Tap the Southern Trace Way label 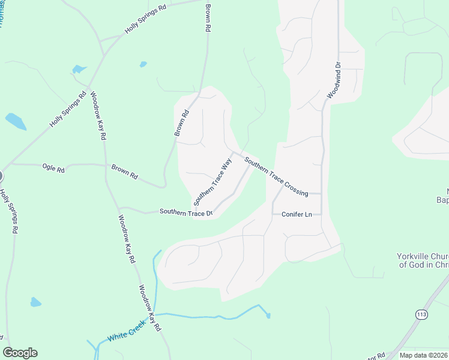(212, 179)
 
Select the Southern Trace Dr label (186, 212)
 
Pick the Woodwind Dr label (334, 80)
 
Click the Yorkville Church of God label (423, 260)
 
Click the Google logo (20, 353)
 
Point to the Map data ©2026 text (423, 355)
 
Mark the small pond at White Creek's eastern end (268, 315)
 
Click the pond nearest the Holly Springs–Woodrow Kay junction (79, 70)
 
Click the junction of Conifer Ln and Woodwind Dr (322, 214)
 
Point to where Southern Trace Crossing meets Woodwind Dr (322, 194)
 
